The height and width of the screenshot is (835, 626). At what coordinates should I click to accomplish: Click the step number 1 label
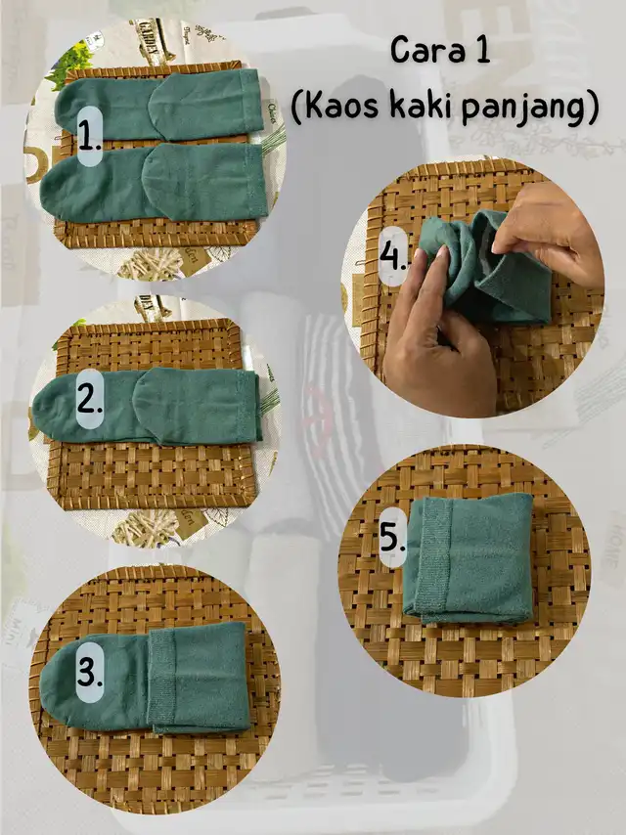tap(89, 137)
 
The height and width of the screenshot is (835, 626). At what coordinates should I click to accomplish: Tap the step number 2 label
tap(89, 399)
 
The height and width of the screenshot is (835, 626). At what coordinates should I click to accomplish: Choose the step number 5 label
tap(392, 536)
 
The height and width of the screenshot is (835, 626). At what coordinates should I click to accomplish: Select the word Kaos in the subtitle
tap(341, 107)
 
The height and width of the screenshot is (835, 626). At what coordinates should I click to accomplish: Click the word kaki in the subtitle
tap(422, 106)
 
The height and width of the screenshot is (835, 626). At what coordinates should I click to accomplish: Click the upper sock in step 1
tap(158, 106)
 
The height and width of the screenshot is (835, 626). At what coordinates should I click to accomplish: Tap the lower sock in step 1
tap(154, 182)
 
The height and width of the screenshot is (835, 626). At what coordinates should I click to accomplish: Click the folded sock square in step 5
tap(469, 557)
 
